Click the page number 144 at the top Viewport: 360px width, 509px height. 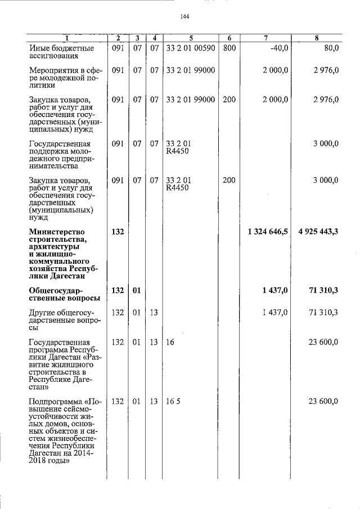pos(184,17)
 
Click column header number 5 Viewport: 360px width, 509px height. pos(191,38)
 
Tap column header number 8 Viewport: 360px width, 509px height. pos(317,38)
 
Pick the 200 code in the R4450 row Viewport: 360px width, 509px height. pos(229,181)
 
